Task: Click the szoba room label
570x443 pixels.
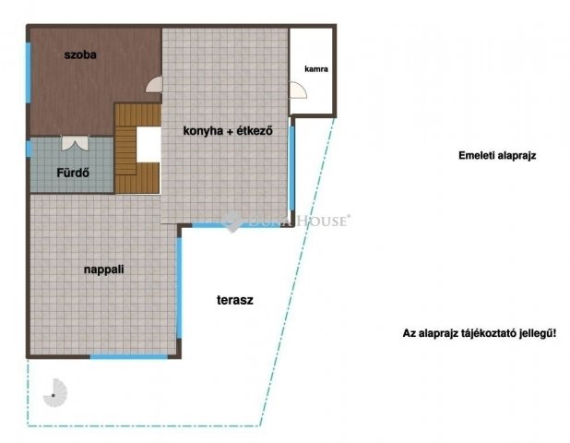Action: click(x=80, y=55)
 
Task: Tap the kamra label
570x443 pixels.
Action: click(x=316, y=69)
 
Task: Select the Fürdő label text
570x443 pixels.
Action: click(x=73, y=173)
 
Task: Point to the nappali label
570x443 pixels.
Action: click(x=104, y=269)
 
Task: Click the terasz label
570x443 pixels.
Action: click(x=235, y=300)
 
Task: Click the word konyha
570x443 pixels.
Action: click(x=203, y=131)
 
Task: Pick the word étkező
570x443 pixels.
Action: click(x=255, y=130)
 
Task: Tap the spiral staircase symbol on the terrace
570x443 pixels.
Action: click(x=55, y=393)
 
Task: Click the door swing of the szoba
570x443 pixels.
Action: click(x=155, y=84)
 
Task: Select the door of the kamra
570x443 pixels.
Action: click(x=298, y=90)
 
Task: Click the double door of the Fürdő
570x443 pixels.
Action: click(x=75, y=143)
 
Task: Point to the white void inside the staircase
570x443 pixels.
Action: click(x=148, y=145)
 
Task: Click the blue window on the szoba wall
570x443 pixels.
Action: click(x=28, y=73)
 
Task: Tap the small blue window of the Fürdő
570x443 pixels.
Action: click(x=29, y=149)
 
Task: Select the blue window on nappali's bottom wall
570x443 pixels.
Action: click(x=129, y=357)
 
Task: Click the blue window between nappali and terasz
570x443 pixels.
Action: click(x=179, y=288)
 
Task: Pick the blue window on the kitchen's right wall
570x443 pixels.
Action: click(x=291, y=168)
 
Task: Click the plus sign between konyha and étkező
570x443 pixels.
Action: click(x=230, y=131)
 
